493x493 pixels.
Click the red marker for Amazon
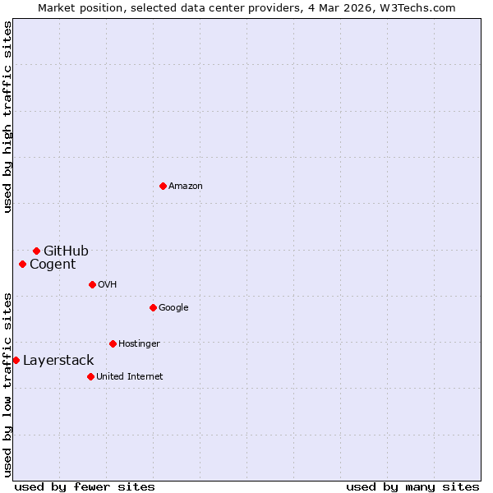point(163,186)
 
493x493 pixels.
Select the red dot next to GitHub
point(36,251)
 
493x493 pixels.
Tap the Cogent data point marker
point(22,264)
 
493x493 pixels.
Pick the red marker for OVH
point(92,284)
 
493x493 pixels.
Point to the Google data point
point(153,307)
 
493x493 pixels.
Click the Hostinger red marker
point(113,343)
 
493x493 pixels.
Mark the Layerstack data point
point(16,360)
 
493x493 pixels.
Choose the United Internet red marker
point(90,376)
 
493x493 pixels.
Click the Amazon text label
point(186,187)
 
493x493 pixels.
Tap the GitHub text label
point(66,251)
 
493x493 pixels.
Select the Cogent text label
point(53,264)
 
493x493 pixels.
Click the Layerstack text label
point(58,360)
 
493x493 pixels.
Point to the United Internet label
point(130,376)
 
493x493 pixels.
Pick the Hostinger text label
point(139,343)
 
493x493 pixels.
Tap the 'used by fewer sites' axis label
point(85,486)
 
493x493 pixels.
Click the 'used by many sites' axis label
point(412,486)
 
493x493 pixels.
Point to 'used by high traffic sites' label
point(7,117)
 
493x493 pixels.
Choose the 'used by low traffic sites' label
point(7,385)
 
